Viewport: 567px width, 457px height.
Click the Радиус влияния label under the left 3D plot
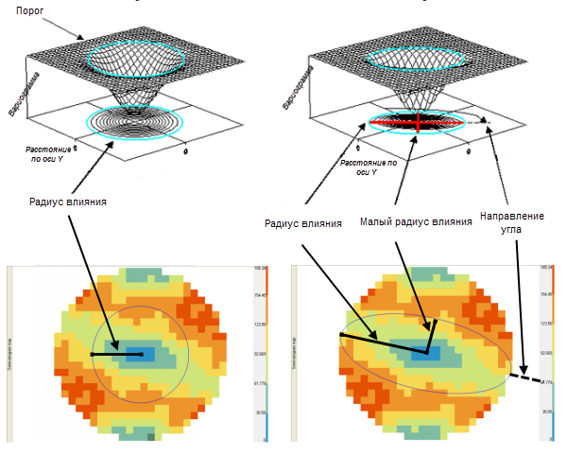[68, 201]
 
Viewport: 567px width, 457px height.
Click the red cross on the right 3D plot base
[416, 123]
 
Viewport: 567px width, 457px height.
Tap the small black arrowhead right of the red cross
[484, 120]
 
